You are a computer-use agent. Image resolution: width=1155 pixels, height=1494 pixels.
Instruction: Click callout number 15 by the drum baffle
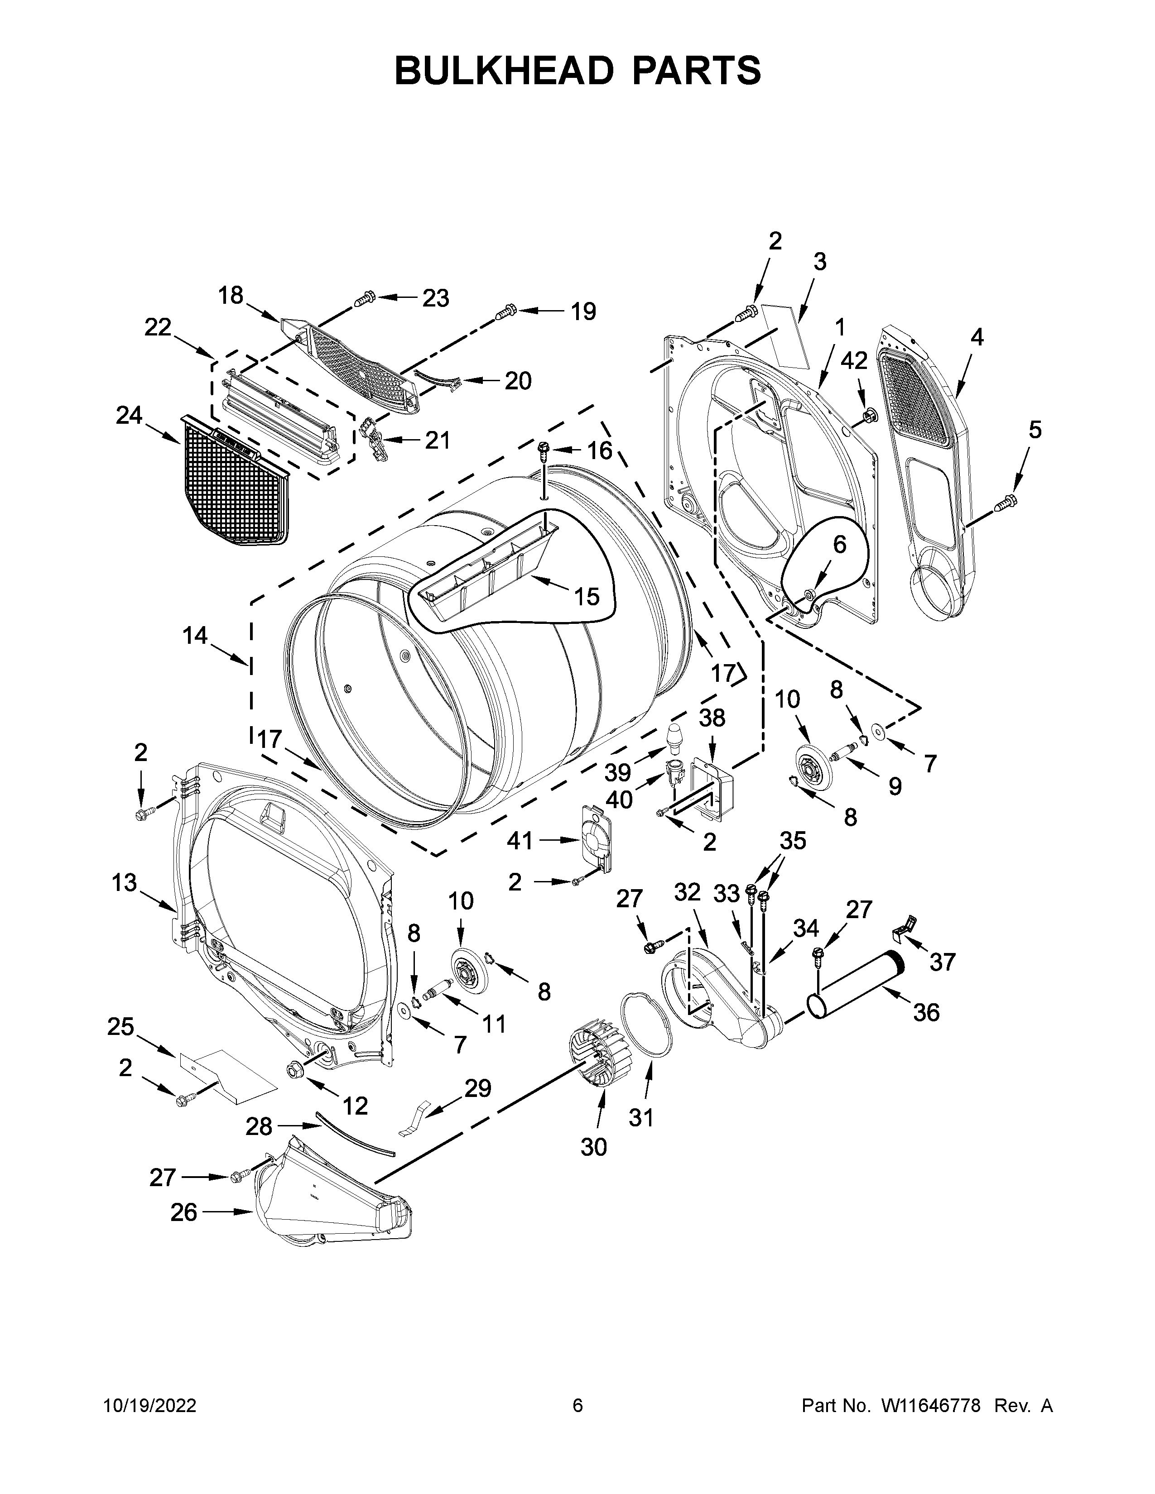(587, 597)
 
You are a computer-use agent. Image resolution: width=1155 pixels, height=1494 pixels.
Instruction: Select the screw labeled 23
(365, 298)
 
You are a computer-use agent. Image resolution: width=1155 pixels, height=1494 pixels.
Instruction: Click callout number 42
(854, 360)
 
